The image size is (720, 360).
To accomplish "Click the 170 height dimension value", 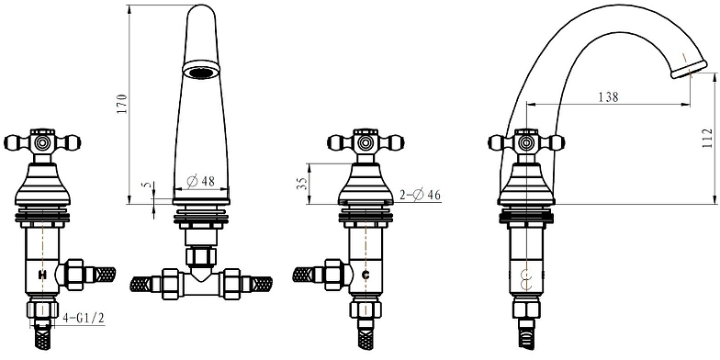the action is coord(121,104).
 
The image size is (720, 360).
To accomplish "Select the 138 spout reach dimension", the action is coord(608,97).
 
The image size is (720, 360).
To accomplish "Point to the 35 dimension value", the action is coord(301,184).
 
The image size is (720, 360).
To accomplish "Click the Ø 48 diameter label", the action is coord(201,182).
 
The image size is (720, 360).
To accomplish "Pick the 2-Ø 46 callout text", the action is coord(420,195).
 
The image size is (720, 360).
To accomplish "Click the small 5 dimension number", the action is coord(147,186).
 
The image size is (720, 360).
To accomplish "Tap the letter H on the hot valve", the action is coord(42,276).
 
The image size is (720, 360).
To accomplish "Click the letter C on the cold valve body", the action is coord(366,276).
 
